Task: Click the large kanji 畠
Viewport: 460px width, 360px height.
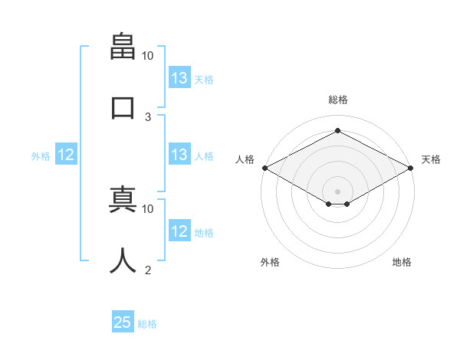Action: point(123,46)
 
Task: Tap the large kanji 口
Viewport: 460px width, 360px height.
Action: point(123,108)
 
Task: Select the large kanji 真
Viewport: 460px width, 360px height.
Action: point(123,199)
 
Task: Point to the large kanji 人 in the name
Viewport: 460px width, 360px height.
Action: point(123,260)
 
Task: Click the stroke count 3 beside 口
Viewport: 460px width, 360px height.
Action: point(148,117)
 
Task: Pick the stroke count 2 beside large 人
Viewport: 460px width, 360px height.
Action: point(148,270)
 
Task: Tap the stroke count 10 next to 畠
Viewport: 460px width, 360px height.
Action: point(147,56)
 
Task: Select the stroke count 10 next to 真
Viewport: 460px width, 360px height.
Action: point(147,209)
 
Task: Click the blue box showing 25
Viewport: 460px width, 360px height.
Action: point(123,321)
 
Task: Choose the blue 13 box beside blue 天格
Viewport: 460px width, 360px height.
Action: point(179,77)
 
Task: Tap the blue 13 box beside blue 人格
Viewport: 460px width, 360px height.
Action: point(179,154)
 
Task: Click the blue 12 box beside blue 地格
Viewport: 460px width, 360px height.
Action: point(179,230)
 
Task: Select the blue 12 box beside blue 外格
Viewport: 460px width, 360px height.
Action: point(66,154)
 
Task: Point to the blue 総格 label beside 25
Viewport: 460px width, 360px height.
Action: point(147,324)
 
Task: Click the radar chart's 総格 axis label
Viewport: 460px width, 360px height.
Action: point(338,100)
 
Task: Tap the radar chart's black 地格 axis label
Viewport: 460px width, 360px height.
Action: point(402,262)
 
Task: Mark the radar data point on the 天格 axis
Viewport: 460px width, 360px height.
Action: point(411,168)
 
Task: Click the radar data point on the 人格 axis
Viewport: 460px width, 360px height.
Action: point(265,168)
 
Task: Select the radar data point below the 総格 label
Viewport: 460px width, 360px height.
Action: point(337,130)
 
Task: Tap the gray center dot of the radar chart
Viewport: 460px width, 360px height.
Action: point(337,191)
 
